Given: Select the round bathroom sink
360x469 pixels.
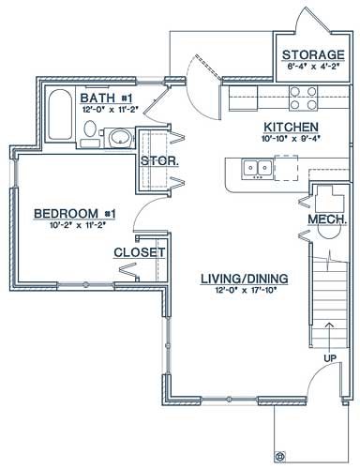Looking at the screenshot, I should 120,140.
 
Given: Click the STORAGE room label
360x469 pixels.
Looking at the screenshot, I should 313,54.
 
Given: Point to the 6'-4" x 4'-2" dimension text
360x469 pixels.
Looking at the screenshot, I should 313,68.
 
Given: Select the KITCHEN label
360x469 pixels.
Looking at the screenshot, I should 292,127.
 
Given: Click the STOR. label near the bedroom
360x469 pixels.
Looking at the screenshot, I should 155,160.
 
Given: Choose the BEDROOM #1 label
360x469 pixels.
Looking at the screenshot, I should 74,214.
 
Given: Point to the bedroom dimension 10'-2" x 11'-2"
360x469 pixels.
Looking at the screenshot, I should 74,226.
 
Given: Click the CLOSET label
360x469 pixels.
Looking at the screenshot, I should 139,252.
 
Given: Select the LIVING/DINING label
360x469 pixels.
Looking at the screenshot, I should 245,278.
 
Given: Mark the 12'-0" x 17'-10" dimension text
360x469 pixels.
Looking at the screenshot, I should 245,291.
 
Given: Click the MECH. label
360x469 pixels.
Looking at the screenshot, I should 328,219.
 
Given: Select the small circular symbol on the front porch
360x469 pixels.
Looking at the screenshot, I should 278,456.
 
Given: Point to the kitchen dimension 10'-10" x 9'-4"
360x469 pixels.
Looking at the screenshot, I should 292,140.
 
